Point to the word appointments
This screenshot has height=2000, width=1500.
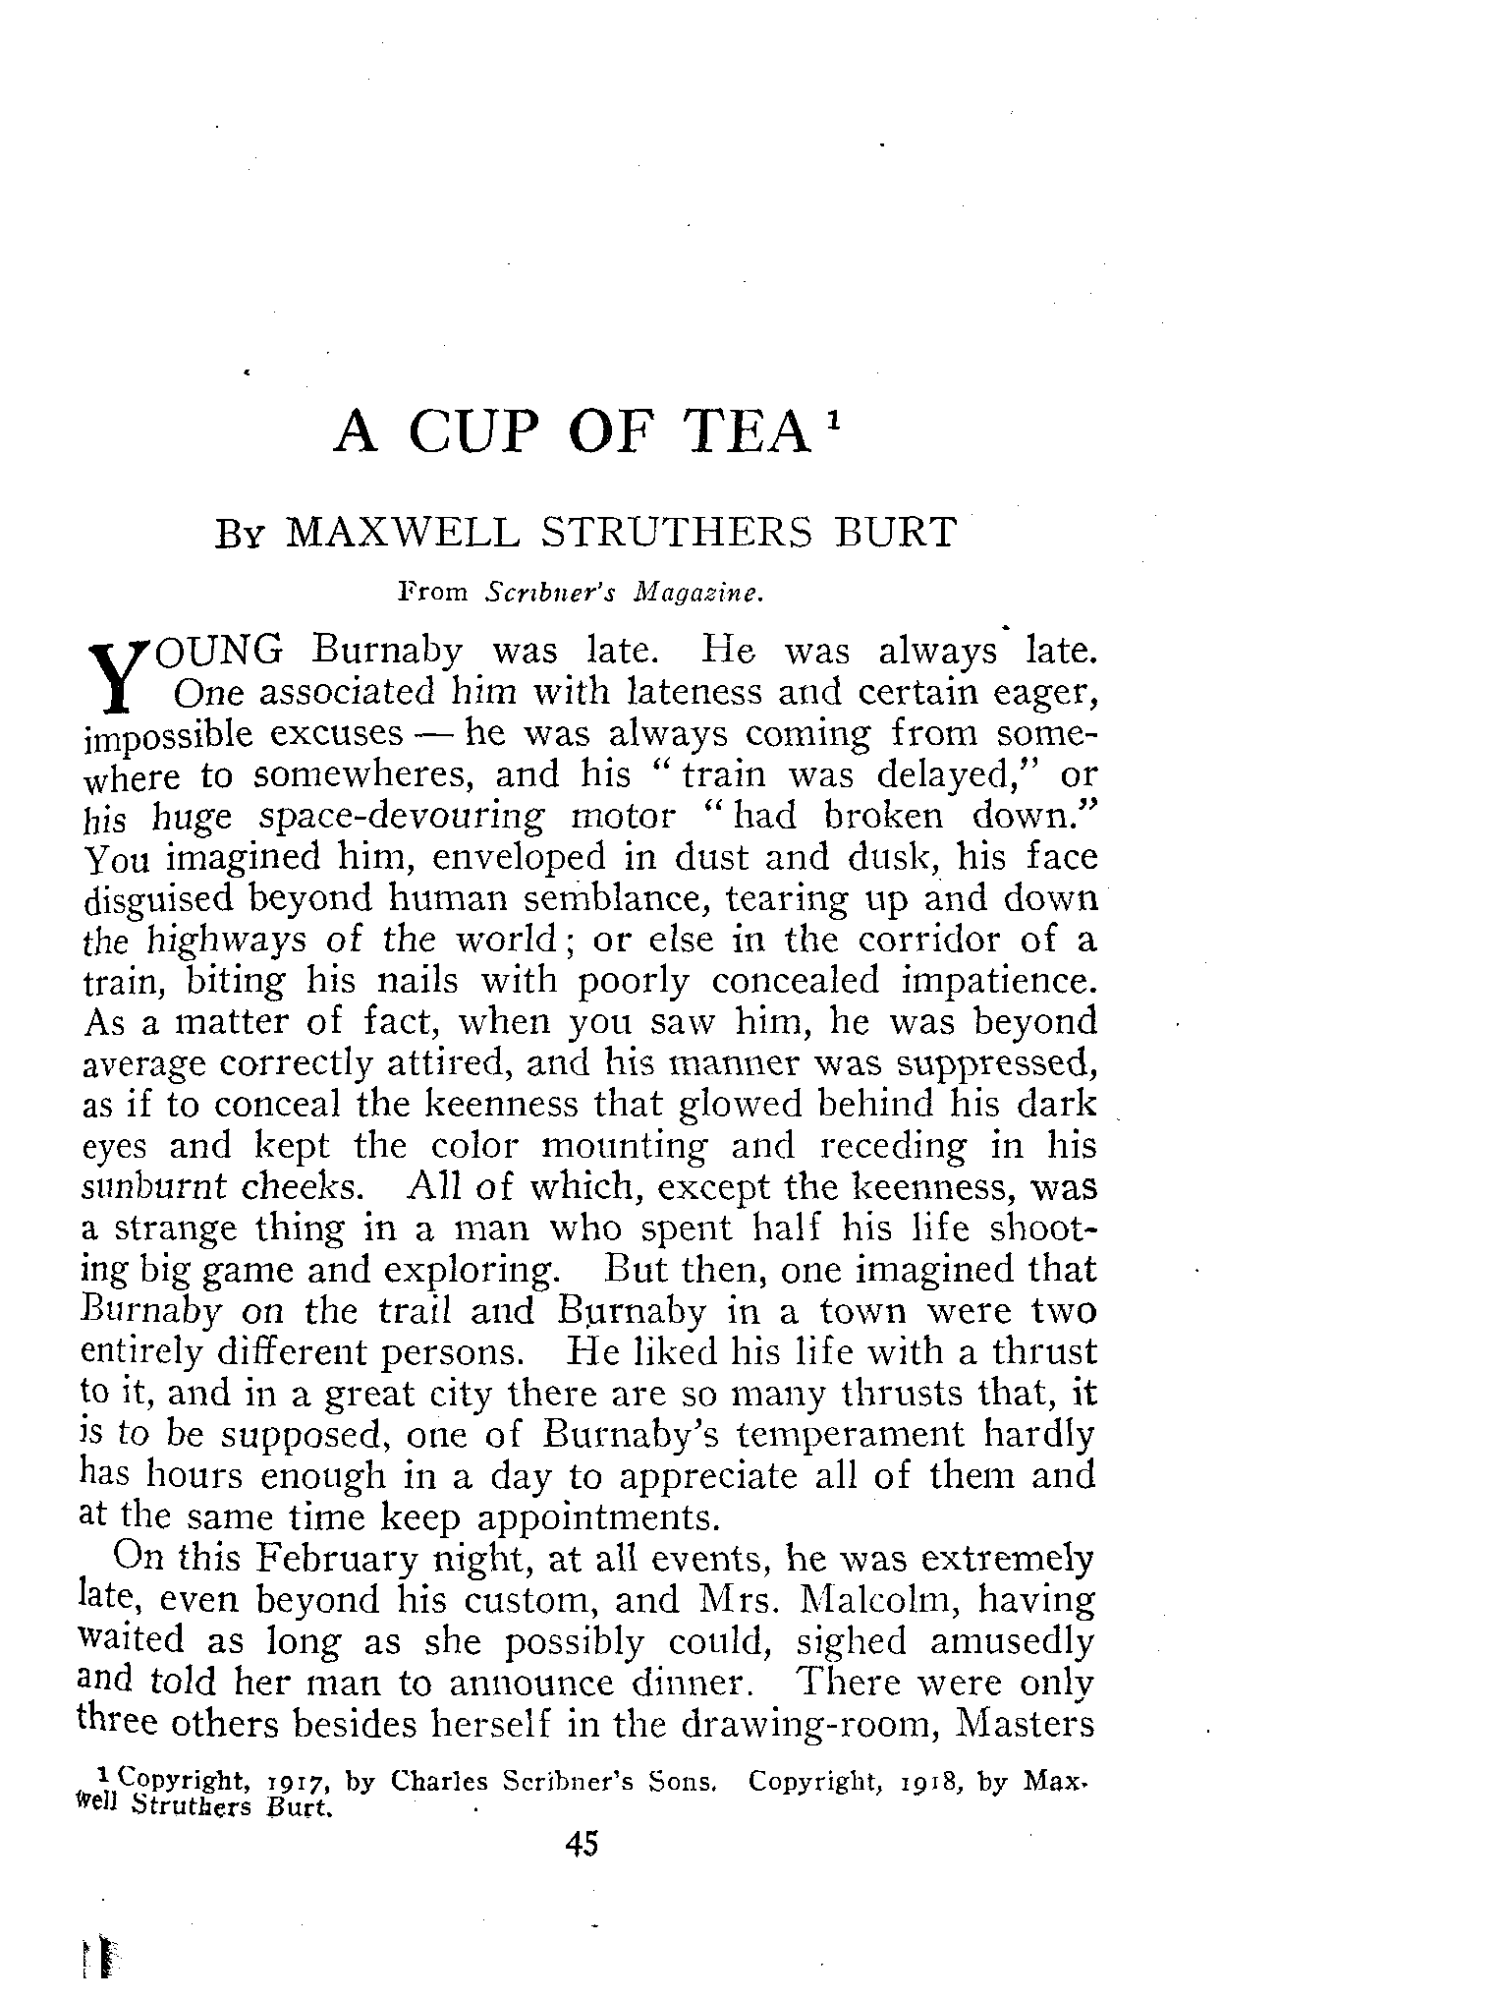click(596, 1517)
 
